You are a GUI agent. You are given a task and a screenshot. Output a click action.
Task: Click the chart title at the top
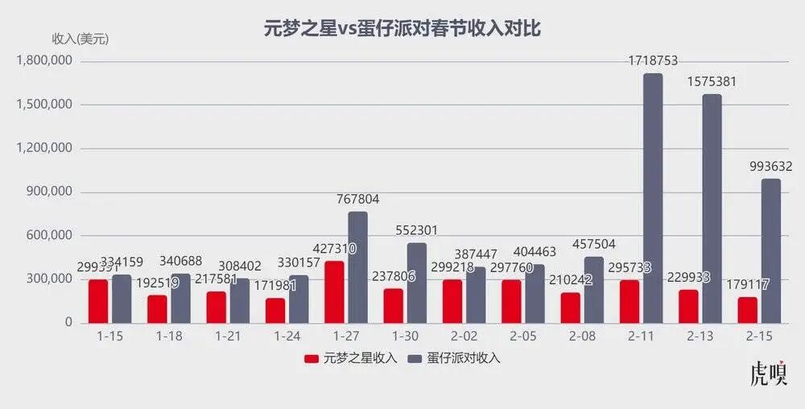402,29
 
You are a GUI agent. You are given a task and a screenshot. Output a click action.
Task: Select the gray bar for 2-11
653,198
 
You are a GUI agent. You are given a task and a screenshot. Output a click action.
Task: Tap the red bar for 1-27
335,291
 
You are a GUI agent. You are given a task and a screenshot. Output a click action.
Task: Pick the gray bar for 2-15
771,250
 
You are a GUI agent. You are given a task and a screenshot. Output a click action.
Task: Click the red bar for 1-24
275,310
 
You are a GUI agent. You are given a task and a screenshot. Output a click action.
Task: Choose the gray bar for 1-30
416,283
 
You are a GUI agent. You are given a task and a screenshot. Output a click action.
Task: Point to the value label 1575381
712,82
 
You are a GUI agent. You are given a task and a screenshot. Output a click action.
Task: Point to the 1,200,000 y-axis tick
51,148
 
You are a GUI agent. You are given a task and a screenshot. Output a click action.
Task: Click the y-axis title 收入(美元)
80,39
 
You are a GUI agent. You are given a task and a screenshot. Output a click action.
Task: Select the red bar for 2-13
689,306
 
